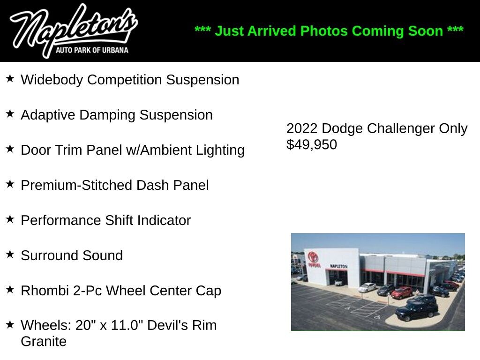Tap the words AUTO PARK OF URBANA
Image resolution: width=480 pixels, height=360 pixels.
92,50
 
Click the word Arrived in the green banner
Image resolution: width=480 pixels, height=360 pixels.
271,31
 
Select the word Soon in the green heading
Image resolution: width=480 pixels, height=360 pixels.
427,31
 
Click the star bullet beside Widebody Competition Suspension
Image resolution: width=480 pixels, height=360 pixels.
10,78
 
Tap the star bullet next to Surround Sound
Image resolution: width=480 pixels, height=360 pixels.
10,254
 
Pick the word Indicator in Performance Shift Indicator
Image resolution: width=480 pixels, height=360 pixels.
164,220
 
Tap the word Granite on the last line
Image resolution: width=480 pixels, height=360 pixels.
44,341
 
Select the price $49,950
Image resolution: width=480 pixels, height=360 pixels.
312,144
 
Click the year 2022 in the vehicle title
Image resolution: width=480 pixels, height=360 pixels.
302,128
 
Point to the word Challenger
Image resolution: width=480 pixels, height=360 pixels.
401,128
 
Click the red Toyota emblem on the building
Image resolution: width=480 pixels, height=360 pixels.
313,256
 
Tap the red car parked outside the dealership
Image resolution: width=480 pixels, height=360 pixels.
402,292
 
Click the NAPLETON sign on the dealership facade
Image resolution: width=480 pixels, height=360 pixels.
339,266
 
